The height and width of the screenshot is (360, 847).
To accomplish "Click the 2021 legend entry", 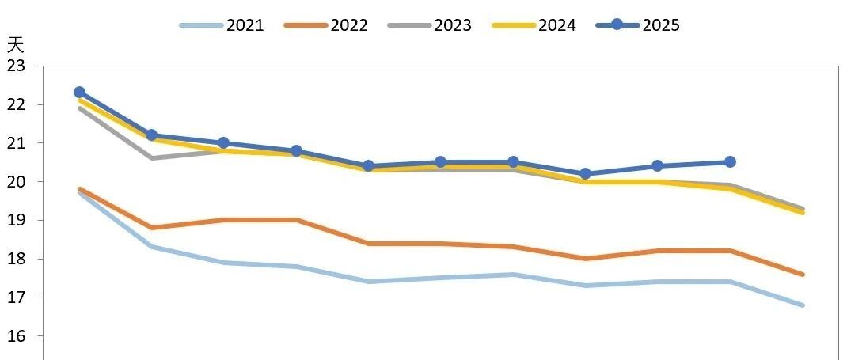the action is (221, 25).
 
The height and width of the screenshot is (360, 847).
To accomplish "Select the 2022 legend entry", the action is (325, 25).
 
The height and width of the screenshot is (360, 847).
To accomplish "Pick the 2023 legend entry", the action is (430, 25).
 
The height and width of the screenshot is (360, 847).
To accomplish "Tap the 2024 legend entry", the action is (534, 25).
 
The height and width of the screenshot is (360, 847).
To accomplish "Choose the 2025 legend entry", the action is (637, 25).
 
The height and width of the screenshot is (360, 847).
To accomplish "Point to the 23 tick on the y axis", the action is (15, 66).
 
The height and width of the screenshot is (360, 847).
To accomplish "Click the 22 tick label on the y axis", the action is (15, 104).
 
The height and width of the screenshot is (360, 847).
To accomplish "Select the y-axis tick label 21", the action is (15, 143).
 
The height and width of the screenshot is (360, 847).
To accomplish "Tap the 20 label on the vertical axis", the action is (15, 181).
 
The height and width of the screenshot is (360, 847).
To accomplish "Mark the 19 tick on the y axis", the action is (15, 220).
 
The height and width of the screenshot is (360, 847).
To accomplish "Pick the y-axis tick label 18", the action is (15, 259).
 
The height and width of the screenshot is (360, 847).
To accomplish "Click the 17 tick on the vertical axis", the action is (15, 297).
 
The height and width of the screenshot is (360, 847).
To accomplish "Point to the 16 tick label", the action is (15, 336).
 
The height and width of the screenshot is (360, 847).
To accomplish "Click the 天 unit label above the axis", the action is (15, 45).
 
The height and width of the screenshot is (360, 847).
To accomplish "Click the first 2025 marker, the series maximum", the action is (79, 93).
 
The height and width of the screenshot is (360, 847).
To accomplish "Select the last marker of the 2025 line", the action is (730, 162).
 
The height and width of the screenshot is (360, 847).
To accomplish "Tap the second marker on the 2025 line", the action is (152, 135).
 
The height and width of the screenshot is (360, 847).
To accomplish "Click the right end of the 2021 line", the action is (803, 305).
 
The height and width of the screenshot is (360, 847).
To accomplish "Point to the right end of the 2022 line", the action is (803, 275).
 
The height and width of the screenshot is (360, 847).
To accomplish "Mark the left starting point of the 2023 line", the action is (79, 108).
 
